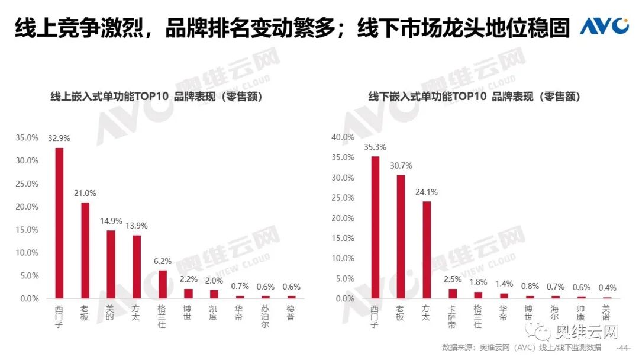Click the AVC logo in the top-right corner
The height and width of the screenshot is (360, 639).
[x=603, y=26]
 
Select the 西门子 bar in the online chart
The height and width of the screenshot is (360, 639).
[x=59, y=223]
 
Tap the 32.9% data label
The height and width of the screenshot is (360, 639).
[x=59, y=138]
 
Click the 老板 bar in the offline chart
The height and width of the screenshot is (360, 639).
[x=401, y=237]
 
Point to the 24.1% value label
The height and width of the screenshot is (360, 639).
[x=426, y=192]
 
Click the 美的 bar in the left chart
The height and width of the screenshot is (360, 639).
[x=111, y=265]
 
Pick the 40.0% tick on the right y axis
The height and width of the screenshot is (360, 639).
[x=343, y=137]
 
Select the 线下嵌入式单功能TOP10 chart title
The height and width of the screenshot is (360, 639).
[x=474, y=97]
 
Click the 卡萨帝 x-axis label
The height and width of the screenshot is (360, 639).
[x=451, y=317]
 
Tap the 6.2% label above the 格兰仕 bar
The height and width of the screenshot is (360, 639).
[x=162, y=260]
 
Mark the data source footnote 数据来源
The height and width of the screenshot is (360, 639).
[x=521, y=348]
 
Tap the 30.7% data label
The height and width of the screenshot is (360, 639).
[x=401, y=165]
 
